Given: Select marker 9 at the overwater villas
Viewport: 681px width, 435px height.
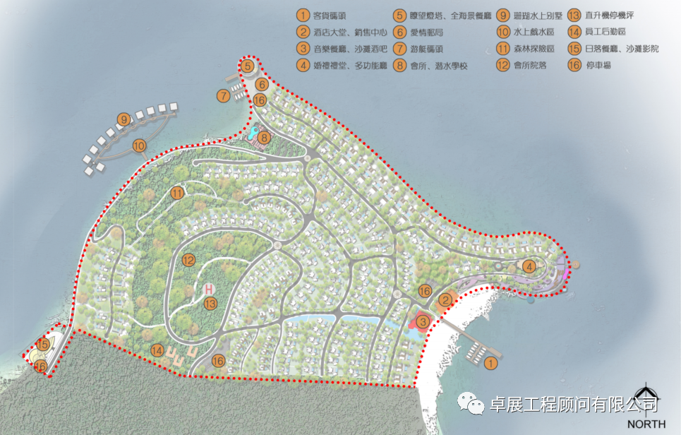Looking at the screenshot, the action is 123,120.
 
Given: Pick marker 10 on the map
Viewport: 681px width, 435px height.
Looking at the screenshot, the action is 140,146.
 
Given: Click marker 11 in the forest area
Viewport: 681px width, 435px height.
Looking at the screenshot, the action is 176,193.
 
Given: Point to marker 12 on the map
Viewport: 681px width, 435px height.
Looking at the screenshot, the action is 187,260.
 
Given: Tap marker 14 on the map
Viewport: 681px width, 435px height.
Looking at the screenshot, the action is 157,350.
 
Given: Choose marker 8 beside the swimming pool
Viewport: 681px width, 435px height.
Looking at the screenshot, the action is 264,138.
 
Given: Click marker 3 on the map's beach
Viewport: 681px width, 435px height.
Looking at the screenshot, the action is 423,323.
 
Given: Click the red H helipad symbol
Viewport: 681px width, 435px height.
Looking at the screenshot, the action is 209,289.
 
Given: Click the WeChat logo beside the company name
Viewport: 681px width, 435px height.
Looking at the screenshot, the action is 469,403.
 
